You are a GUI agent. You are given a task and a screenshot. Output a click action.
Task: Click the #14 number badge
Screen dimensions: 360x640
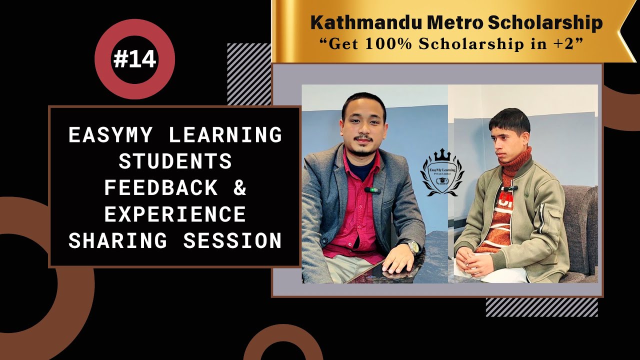[134, 59]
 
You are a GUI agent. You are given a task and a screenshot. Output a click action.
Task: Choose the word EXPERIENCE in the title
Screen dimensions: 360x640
[175, 214]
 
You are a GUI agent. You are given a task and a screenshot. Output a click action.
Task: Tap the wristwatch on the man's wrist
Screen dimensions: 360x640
[412, 247]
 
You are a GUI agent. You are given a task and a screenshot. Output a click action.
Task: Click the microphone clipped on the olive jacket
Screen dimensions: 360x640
[509, 188]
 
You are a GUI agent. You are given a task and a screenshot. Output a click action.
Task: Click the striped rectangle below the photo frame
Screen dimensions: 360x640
[541, 307]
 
